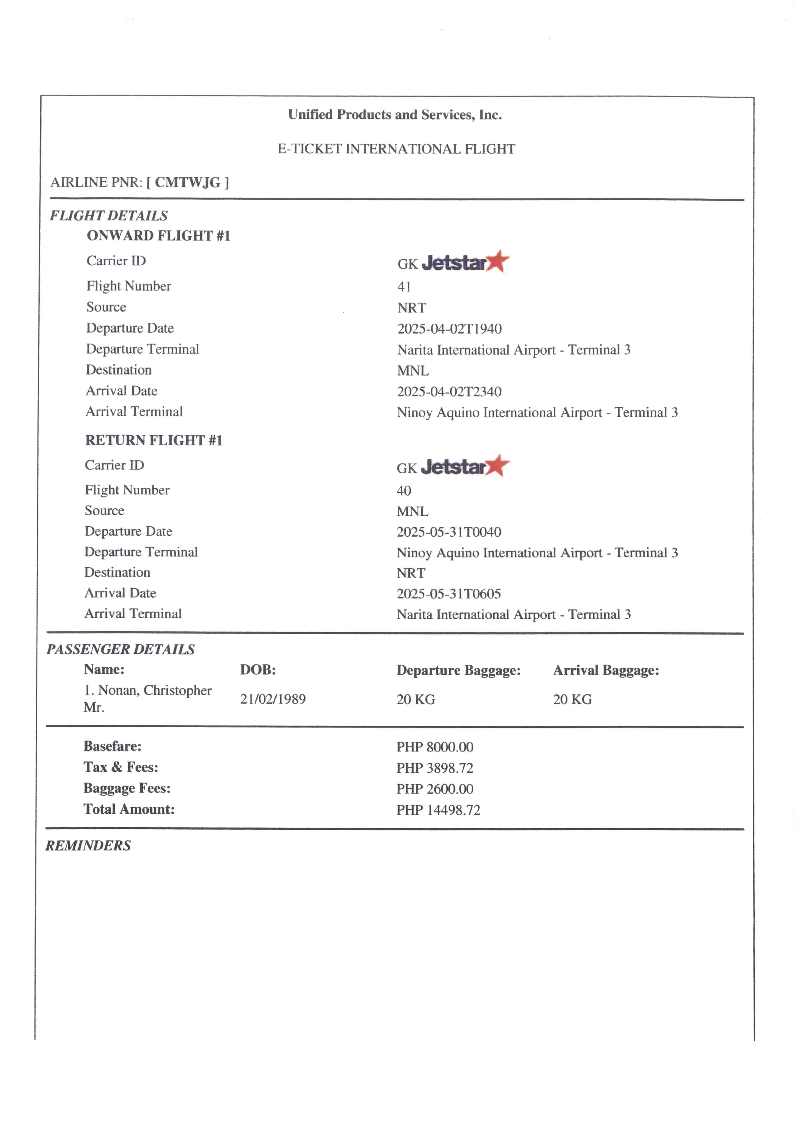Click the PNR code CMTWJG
(187, 182)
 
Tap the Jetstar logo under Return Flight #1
(465, 466)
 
